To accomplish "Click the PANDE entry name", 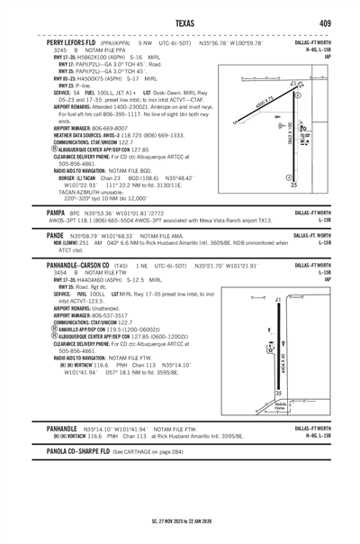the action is click(56, 232).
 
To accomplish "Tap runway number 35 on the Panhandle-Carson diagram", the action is click(278, 393).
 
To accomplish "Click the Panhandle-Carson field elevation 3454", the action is click(63, 273).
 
